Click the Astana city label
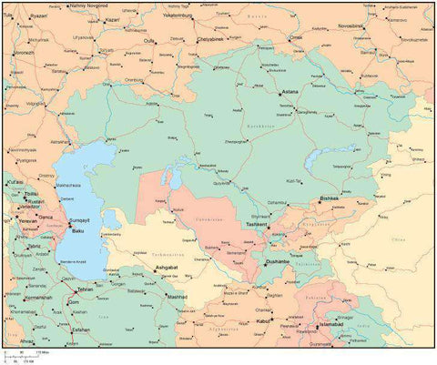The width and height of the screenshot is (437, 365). (x=289, y=92)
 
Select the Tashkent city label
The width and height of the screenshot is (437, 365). (x=256, y=224)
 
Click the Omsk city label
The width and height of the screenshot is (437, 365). (x=296, y=37)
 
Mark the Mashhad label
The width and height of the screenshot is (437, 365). (x=176, y=297)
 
